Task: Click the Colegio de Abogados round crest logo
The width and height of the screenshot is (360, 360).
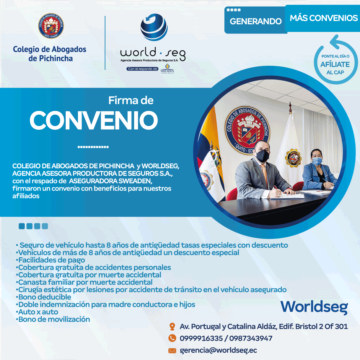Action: pos(51,26)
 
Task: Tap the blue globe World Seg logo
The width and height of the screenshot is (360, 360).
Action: pos(154,27)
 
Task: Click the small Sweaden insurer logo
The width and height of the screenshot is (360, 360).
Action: pos(167,69)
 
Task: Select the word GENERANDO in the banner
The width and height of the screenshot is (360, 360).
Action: pos(256,21)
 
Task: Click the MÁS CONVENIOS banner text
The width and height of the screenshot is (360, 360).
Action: pos(324,18)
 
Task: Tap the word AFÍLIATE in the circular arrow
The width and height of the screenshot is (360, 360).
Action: pos(335,64)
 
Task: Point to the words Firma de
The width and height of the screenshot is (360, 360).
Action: pos(131,100)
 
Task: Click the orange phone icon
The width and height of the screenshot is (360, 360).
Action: pos(172,338)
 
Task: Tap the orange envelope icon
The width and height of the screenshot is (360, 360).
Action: pos(172,351)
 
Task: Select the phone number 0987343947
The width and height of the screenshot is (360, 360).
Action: pos(251,338)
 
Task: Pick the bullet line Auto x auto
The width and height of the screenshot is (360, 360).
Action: pos(37,312)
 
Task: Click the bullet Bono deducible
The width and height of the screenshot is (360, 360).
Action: pos(43,297)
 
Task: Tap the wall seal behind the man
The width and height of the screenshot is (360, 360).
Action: pos(247,130)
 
